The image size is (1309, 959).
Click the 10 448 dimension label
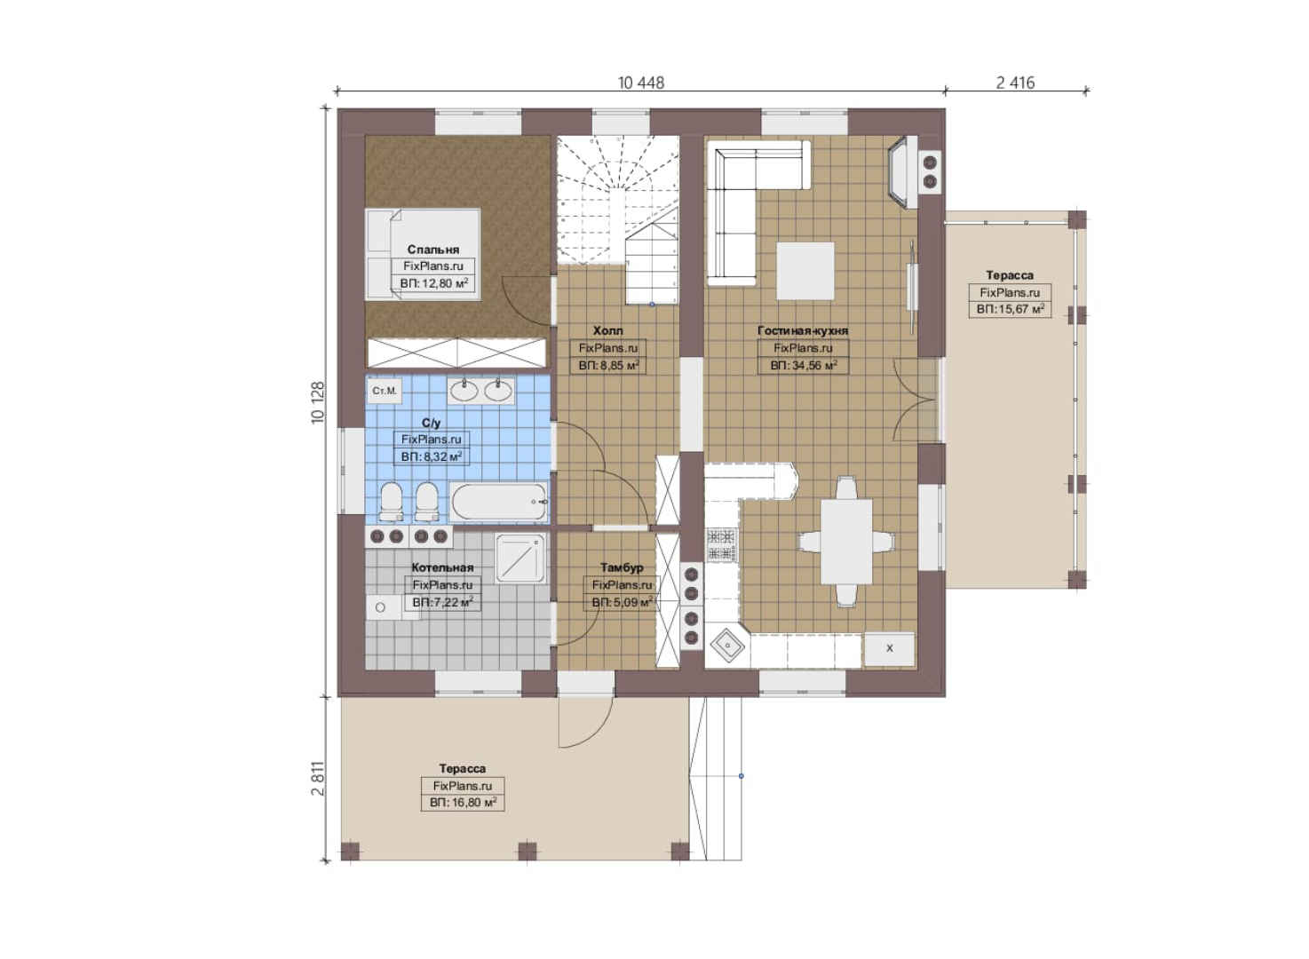pos(641,83)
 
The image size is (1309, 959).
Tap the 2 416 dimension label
pos(1015,83)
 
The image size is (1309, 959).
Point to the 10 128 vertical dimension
pos(317,402)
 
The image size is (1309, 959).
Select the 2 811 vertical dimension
pos(317,779)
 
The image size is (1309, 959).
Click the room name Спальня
pos(433,250)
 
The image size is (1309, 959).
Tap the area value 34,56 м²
pos(814,366)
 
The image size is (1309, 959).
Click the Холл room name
pos(607,331)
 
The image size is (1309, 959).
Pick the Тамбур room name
pos(622,567)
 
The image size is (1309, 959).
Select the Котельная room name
pos(442,567)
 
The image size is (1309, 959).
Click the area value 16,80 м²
pos(473,803)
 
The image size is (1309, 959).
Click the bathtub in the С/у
pos(498,502)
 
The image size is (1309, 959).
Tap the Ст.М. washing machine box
pos(385,391)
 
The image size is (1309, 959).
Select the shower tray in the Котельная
pos(520,559)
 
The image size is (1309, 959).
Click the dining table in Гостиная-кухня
pos(846,541)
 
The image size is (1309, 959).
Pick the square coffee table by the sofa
pos(805,270)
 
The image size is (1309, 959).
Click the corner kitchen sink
pos(727,646)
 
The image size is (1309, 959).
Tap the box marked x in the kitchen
pos(889,649)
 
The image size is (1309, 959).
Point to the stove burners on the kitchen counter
pos(721,544)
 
